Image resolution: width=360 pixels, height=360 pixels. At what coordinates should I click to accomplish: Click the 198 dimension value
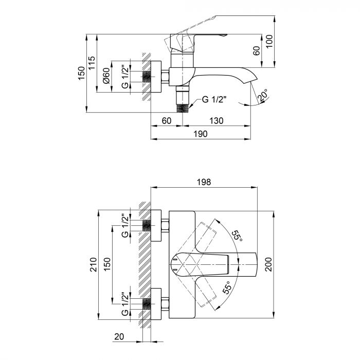click(x=204, y=182)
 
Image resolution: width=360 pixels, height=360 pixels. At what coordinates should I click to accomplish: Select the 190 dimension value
click(x=200, y=134)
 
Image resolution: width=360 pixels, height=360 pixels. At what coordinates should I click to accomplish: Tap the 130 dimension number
click(x=217, y=121)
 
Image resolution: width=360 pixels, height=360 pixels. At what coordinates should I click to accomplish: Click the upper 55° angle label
click(x=236, y=236)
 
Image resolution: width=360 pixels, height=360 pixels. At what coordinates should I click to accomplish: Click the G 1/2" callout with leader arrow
click(x=213, y=100)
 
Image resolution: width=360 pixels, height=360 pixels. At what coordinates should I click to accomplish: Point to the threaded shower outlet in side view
click(x=183, y=106)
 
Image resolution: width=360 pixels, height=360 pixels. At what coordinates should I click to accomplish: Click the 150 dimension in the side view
click(x=81, y=73)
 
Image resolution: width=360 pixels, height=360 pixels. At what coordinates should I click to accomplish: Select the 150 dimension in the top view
click(x=106, y=265)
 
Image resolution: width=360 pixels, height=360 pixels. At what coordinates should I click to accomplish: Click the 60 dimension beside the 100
click(x=256, y=51)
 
